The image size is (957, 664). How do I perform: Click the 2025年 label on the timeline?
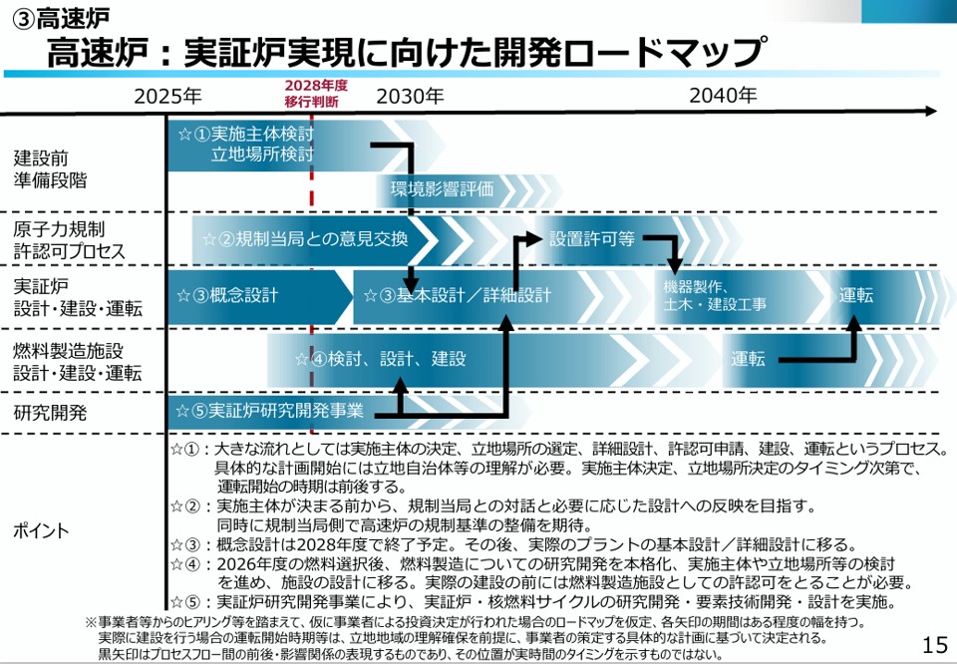click(x=168, y=97)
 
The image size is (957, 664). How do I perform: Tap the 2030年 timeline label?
click(x=410, y=97)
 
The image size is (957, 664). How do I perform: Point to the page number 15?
click(x=935, y=645)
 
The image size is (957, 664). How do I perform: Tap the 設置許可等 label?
click(x=592, y=238)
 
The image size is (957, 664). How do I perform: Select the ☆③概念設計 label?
click(x=227, y=296)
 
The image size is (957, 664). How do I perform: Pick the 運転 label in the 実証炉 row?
click(x=855, y=296)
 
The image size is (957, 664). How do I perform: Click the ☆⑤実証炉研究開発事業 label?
click(x=270, y=410)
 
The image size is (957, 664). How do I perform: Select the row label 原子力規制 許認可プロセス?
click(x=70, y=240)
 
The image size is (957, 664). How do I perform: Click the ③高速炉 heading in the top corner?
click(x=60, y=18)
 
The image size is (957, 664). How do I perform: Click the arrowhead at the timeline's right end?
click(x=931, y=112)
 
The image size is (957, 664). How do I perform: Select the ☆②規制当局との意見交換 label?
click(x=305, y=239)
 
